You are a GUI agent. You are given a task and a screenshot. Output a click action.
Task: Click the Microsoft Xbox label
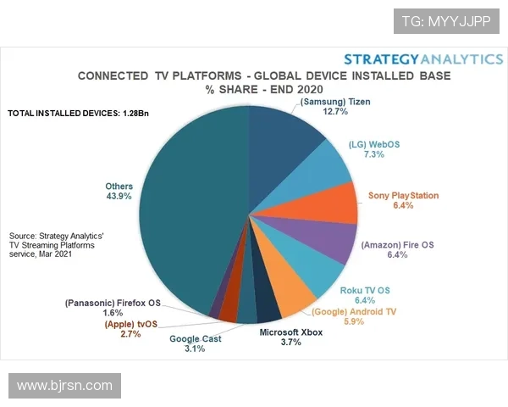[x=290, y=332]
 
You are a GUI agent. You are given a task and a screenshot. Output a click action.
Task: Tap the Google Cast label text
[x=196, y=339]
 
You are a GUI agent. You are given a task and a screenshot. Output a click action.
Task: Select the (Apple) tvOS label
[x=131, y=324]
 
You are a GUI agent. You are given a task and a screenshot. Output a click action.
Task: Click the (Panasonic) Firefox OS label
[x=112, y=302]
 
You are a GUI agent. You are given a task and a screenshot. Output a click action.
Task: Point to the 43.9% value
[x=119, y=197]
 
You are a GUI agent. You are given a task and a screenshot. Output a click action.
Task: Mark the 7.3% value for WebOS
[x=373, y=154]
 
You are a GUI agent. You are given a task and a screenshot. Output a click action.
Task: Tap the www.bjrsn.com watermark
[x=64, y=386]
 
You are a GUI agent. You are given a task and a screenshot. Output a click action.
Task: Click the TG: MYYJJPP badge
[x=445, y=20]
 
